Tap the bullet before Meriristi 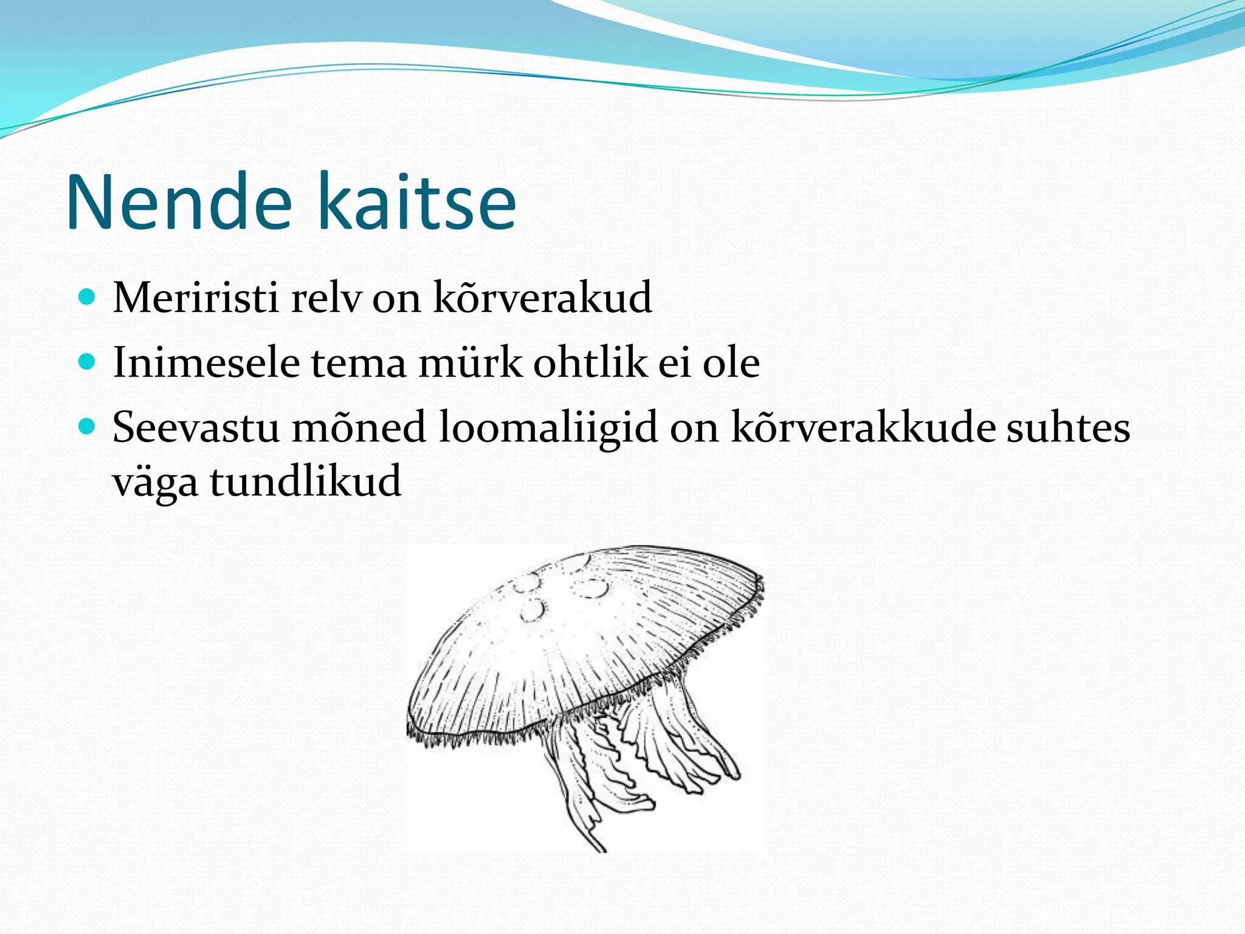88,297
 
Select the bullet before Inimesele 88,362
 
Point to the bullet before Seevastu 88,427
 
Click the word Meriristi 195,298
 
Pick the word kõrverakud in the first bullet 542,298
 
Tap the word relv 325,298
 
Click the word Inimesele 206,363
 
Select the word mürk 470,363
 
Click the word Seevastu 196,427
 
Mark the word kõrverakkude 863,427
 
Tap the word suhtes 1068,427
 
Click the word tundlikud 306,481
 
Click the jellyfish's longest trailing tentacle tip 602,847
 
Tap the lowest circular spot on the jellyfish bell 533,610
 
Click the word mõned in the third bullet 359,427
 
